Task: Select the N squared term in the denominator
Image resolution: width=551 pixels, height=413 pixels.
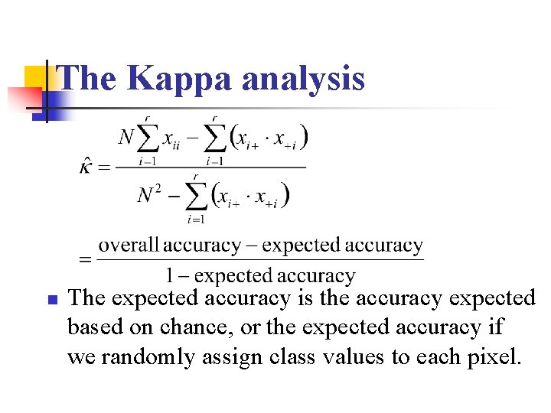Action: pyautogui.click(x=149, y=195)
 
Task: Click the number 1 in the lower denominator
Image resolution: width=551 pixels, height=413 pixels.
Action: pyautogui.click(x=171, y=275)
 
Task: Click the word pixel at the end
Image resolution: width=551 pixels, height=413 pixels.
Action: pyautogui.click(x=497, y=356)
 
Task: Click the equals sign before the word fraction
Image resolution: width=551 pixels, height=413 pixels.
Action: pyautogui.click(x=86, y=260)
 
